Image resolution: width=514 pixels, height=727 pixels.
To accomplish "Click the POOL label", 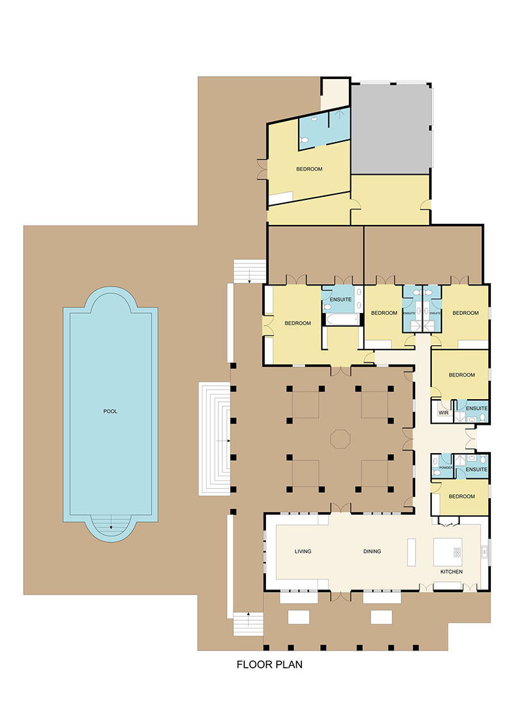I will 110,411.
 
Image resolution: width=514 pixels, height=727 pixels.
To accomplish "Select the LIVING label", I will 303,552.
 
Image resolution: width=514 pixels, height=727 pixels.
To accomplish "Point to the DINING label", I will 372,552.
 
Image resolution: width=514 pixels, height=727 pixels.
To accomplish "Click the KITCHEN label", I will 452,571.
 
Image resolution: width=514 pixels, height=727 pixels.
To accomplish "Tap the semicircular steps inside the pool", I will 111,526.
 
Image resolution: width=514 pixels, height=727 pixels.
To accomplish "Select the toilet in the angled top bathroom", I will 313,120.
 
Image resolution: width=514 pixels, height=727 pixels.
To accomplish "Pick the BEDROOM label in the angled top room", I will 309,169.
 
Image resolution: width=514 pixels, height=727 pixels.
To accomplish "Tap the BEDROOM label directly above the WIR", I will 461,375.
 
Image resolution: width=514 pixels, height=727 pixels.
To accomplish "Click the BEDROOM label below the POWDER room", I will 461,496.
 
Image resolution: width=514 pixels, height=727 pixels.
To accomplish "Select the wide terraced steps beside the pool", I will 214,440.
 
